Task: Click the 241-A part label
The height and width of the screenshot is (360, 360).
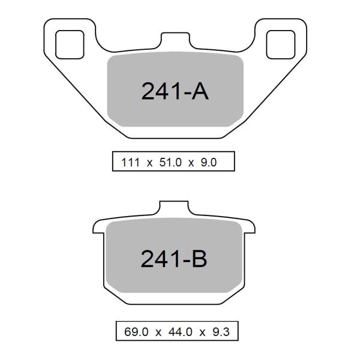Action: (x=175, y=91)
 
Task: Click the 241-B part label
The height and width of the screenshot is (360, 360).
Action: (x=174, y=259)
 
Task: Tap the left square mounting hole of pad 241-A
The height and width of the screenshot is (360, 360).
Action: (x=70, y=44)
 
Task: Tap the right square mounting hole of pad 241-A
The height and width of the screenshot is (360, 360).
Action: (x=281, y=44)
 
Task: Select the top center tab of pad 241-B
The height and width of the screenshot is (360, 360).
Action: (x=174, y=208)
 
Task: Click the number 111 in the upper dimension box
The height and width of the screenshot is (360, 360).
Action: (x=130, y=163)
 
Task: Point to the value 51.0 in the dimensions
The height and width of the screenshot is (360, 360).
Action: (x=170, y=163)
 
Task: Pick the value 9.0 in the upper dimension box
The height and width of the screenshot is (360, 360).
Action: (x=209, y=163)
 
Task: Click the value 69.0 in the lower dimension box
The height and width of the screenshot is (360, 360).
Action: (x=136, y=332)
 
